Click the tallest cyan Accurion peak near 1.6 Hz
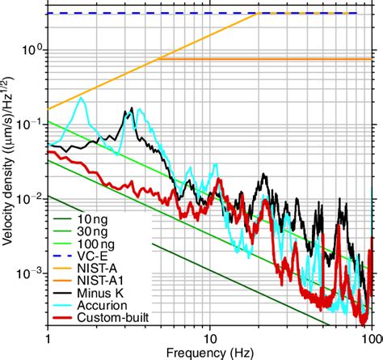pyautogui.click(x=82, y=99)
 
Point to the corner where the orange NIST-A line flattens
pyautogui.click(x=258, y=13)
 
